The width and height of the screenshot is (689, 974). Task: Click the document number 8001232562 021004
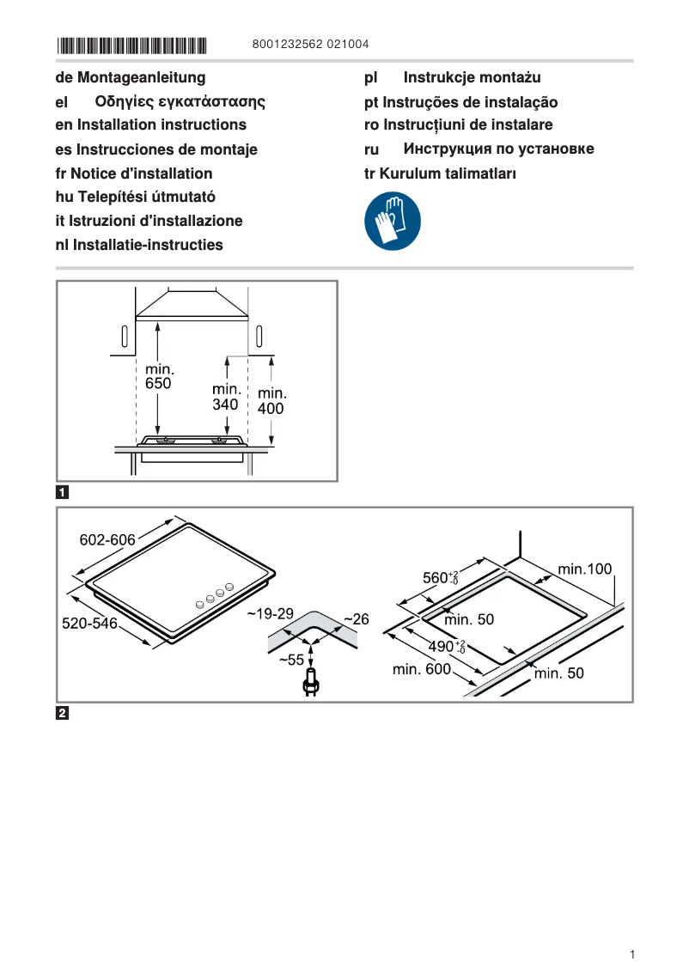tap(311, 45)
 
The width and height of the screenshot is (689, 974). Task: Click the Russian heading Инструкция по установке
tap(498, 149)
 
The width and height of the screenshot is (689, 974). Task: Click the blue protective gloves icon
tap(393, 221)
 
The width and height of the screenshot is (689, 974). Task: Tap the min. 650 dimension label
tap(158, 377)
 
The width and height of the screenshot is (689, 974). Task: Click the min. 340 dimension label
tap(226, 397)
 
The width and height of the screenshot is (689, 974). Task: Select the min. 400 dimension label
tap(271, 401)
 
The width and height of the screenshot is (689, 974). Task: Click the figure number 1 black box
tap(63, 493)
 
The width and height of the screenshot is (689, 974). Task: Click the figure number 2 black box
tap(63, 713)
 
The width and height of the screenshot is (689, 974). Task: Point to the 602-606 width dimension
tap(107, 539)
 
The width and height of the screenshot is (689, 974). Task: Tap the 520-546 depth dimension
tap(89, 624)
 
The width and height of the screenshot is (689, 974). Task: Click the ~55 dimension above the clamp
tap(292, 660)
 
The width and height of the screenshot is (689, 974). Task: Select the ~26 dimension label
tap(356, 618)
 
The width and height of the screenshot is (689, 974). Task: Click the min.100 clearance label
tap(584, 569)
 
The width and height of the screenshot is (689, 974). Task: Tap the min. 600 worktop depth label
tap(421, 669)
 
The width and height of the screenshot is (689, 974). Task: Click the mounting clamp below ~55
tap(309, 684)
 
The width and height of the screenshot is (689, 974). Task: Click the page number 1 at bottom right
tap(631, 954)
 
